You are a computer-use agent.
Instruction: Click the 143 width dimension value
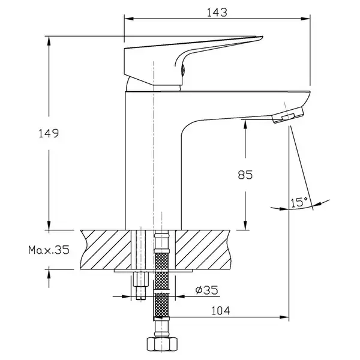217,13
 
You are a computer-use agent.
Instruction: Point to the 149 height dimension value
49,133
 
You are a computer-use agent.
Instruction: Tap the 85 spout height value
245,175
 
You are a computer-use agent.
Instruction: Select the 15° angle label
299,202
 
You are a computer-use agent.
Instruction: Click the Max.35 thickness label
49,250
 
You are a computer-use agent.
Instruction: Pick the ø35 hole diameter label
206,290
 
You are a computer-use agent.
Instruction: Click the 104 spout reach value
220,311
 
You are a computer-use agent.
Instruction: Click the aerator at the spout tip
288,115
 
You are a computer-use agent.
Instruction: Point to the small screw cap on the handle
183,70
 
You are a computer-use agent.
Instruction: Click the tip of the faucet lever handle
262,37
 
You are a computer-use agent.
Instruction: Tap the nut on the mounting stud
141,279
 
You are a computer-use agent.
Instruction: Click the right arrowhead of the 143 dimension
306,19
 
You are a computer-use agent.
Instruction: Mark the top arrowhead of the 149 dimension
49,41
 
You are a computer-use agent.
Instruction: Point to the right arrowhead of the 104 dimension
284,317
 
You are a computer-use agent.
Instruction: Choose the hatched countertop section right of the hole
203,250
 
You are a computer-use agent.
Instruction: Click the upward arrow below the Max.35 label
49,278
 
